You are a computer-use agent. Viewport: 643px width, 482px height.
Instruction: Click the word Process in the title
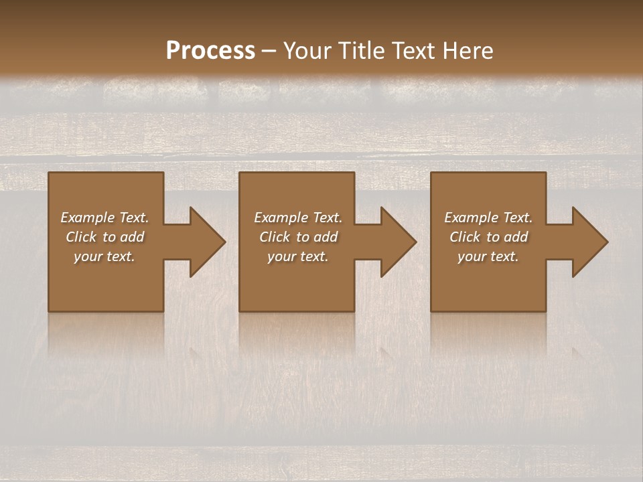[x=210, y=51]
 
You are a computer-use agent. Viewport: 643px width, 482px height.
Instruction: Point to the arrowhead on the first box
[x=204, y=242]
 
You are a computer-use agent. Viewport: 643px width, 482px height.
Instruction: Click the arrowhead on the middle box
[x=395, y=242]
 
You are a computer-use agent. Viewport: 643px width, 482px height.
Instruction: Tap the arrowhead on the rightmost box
[x=587, y=242]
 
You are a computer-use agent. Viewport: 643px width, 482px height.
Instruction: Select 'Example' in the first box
[x=86, y=218]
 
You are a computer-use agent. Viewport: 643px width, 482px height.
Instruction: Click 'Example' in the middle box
[x=280, y=218]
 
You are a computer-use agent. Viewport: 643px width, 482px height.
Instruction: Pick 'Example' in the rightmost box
[x=470, y=218]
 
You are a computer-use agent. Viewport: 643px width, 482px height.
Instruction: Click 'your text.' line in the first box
[x=104, y=256]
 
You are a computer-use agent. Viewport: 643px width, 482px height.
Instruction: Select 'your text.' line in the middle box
[x=298, y=256]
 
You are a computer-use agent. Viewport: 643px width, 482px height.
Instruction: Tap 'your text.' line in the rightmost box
[x=488, y=256]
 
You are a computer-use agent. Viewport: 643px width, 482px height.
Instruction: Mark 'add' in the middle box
[x=326, y=237]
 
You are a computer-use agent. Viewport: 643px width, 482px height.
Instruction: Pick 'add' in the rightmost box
[x=516, y=237]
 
